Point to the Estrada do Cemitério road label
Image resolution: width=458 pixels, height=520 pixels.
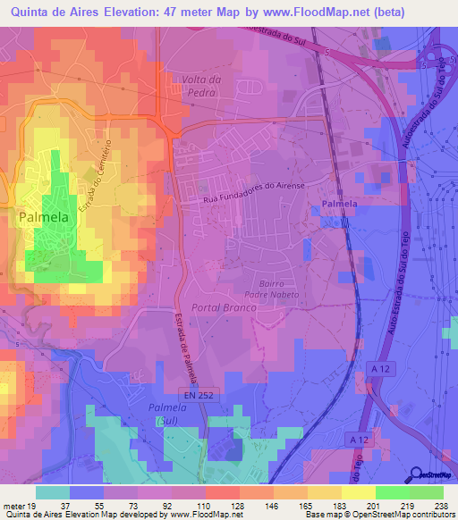[98, 173]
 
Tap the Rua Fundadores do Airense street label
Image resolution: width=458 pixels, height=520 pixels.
[254, 188]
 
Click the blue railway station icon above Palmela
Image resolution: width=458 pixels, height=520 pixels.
[320, 207]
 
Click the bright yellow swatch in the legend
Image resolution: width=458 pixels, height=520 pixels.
[357, 492]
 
